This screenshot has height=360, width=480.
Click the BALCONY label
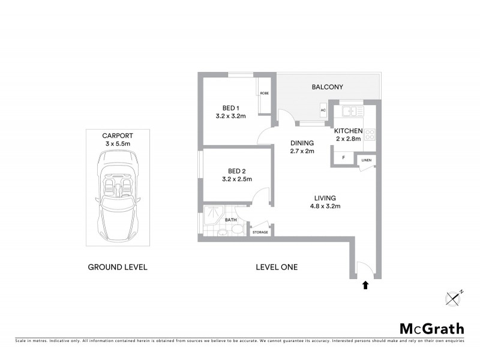(x=327, y=87)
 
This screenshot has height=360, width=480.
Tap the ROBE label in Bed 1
(x=264, y=94)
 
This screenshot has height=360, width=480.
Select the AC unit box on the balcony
(x=323, y=110)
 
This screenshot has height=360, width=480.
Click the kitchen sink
(x=350, y=111)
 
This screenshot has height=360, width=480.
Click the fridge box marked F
(x=343, y=158)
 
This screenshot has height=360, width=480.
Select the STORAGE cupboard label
(x=259, y=232)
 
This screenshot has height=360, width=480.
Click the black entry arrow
(x=365, y=286)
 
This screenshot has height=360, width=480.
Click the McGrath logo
(x=431, y=328)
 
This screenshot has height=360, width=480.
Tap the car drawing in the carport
(x=118, y=193)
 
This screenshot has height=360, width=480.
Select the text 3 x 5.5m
(x=118, y=145)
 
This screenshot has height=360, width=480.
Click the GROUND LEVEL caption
(x=118, y=267)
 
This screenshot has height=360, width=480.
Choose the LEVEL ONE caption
(x=277, y=267)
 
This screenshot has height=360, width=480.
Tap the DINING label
(x=302, y=143)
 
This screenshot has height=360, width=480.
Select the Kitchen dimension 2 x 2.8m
(x=349, y=139)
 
